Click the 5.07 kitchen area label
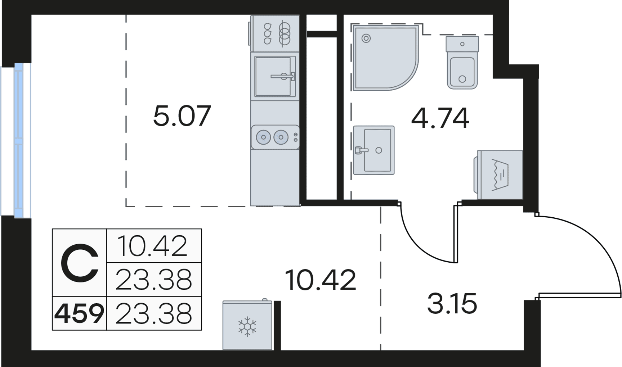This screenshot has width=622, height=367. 182,116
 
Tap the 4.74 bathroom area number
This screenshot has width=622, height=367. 440,118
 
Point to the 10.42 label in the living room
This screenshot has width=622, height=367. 320,280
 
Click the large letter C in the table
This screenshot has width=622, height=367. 79,263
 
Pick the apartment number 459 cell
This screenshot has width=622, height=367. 79,313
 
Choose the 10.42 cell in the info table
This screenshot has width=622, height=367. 153,246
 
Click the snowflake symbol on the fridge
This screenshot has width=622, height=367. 247,326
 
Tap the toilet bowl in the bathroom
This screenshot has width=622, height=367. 462,72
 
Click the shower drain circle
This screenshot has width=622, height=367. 366,38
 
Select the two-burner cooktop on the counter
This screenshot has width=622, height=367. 275,137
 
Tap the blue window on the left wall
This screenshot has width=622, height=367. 18,140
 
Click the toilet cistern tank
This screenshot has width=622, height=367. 462,44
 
